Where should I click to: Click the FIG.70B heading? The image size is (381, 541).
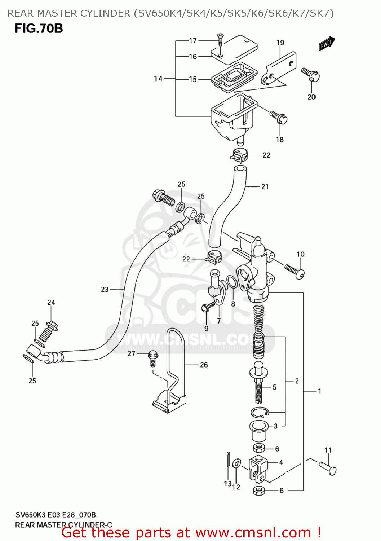(x=39, y=28)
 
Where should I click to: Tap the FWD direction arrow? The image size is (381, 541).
(x=327, y=44)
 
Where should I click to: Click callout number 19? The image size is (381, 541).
(x=280, y=43)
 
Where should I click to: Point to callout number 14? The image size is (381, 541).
(x=158, y=79)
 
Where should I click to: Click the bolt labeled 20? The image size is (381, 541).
(x=311, y=74)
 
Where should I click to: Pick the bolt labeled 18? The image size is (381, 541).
(x=278, y=117)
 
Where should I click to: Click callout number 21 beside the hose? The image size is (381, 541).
(x=265, y=186)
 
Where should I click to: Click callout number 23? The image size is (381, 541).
(x=105, y=289)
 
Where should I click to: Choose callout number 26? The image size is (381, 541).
(x=204, y=365)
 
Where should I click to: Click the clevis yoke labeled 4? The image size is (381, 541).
(x=258, y=468)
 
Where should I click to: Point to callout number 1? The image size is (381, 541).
(x=319, y=391)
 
